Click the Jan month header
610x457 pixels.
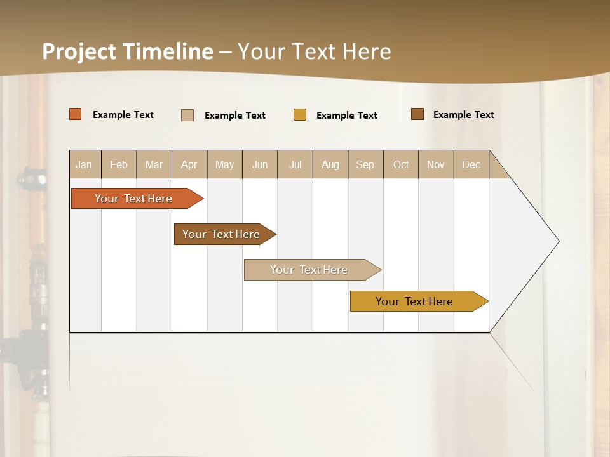85,164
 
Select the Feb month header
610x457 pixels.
119,164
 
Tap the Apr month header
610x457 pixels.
189,164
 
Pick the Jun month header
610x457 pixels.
260,164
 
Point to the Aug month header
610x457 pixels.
330,164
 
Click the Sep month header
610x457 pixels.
365,164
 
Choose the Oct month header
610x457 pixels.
401,164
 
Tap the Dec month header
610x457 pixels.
471,164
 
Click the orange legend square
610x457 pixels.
76,114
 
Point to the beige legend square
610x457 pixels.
187,115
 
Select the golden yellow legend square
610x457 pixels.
300,115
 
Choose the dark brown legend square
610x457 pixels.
417,114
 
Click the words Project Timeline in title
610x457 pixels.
127,51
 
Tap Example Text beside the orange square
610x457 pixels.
123,115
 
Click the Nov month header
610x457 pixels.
436,164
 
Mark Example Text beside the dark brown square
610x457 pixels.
464,115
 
